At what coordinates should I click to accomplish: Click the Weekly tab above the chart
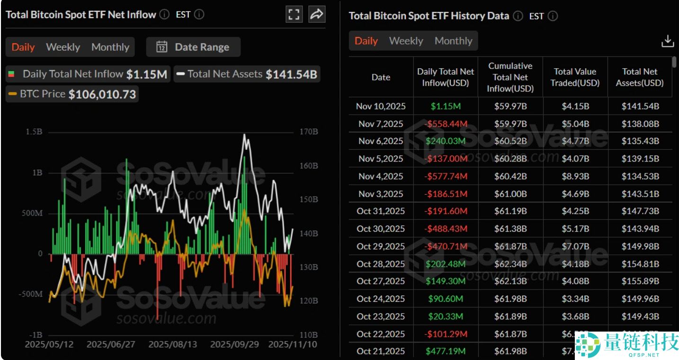[63, 47]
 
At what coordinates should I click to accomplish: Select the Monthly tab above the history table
[453, 41]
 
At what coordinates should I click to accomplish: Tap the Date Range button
[193, 47]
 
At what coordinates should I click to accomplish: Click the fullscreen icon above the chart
[294, 14]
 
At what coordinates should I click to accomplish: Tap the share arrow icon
[316, 14]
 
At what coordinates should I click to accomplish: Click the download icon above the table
[667, 41]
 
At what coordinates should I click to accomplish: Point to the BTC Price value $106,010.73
[102, 94]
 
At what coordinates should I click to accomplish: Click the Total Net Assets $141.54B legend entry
[247, 74]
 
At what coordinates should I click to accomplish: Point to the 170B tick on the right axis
[308, 132]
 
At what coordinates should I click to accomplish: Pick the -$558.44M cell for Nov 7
[445, 124]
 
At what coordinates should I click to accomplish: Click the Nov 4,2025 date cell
[381, 176]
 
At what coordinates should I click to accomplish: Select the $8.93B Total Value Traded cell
[575, 176]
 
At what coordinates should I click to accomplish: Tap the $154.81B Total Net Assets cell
[640, 264]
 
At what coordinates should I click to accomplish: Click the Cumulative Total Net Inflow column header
[510, 77]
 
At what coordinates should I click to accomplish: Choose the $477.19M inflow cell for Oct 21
[445, 351]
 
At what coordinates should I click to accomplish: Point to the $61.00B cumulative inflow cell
[510, 194]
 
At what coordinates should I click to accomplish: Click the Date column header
[381, 77]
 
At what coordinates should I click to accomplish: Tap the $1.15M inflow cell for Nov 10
[445, 106]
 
